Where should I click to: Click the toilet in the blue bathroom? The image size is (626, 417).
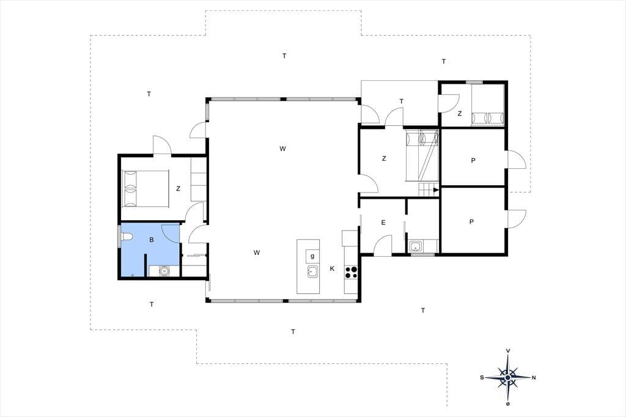point(125,237)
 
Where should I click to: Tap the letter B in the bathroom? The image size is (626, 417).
point(152,240)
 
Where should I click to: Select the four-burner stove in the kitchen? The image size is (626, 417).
point(351,271)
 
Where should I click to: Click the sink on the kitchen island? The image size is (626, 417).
point(312,272)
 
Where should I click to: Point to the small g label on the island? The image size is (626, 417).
point(312,256)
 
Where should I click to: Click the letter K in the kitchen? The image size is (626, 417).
point(332,268)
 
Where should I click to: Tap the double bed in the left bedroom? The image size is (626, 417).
point(145,188)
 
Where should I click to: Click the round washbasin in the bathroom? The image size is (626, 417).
point(164,271)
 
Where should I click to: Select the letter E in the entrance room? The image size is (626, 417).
point(383,223)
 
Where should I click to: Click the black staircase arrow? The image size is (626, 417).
point(436,190)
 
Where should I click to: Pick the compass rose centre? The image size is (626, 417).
point(507,377)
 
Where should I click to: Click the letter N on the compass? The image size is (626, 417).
point(534,377)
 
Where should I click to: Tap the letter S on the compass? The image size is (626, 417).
point(482,377)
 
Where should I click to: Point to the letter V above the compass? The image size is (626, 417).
point(508,351)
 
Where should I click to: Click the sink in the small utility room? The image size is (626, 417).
point(416,246)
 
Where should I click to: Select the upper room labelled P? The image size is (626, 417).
point(473,157)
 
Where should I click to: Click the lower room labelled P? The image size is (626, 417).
point(473,221)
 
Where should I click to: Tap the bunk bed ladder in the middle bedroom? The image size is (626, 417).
point(427,158)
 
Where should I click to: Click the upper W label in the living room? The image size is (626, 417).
point(282,149)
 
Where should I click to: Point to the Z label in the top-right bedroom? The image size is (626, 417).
point(460,114)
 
